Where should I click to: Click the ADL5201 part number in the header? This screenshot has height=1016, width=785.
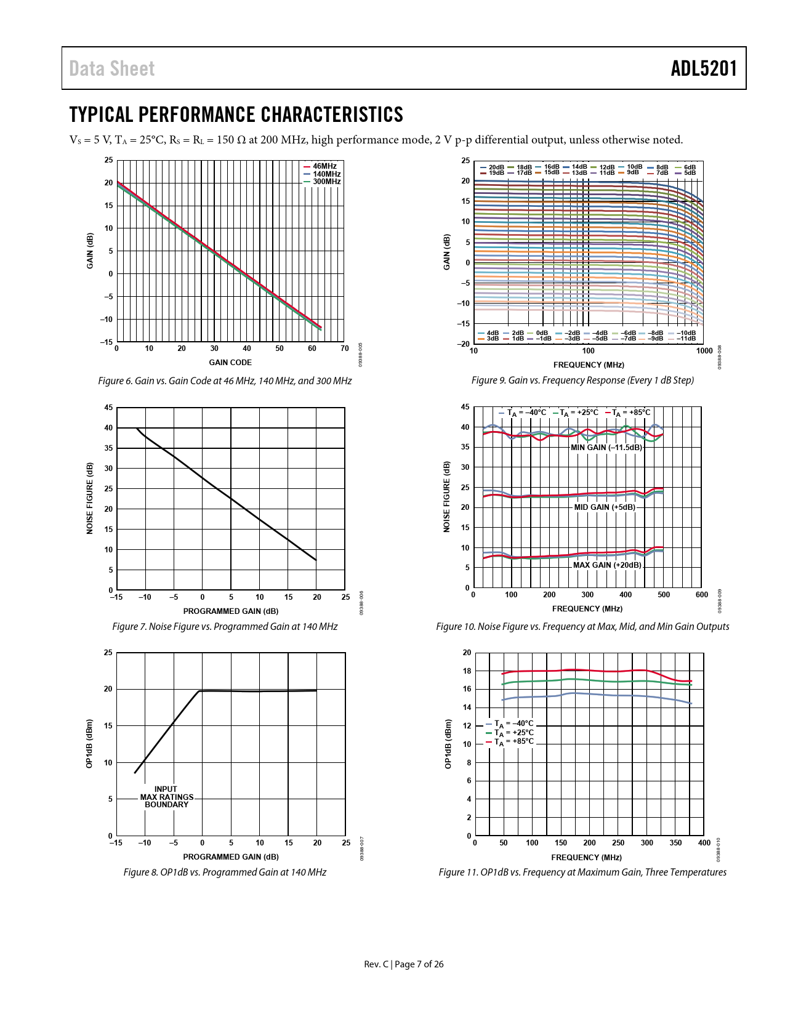(x=704, y=68)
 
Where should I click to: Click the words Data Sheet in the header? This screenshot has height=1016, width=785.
(x=111, y=68)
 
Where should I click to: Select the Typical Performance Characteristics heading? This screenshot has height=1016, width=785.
(x=236, y=115)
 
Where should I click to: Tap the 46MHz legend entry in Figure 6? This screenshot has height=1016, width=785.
(x=324, y=166)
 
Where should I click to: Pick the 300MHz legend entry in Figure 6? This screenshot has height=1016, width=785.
(x=326, y=182)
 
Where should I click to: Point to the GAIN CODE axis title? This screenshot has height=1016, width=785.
(x=230, y=363)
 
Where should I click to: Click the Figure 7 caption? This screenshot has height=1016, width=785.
(x=225, y=626)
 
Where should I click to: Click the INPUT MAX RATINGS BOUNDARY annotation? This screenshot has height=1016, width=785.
(x=166, y=797)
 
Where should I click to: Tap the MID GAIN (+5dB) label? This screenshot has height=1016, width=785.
(x=604, y=507)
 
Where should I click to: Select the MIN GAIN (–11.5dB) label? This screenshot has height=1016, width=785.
(x=606, y=448)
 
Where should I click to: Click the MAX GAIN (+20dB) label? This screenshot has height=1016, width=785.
(x=606, y=565)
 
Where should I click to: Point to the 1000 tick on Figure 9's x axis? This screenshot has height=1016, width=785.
(x=704, y=351)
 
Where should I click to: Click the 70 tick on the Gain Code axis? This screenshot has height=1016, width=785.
(x=345, y=349)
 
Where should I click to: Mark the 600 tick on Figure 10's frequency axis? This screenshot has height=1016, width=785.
(x=701, y=595)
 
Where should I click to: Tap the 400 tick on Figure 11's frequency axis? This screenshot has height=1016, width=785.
(x=704, y=843)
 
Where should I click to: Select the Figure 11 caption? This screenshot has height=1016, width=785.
(x=582, y=872)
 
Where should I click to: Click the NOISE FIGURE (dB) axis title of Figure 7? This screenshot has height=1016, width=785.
(x=90, y=498)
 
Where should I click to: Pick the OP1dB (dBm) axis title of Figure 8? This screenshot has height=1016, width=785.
(x=90, y=743)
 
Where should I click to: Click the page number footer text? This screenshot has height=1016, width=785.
(x=404, y=964)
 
